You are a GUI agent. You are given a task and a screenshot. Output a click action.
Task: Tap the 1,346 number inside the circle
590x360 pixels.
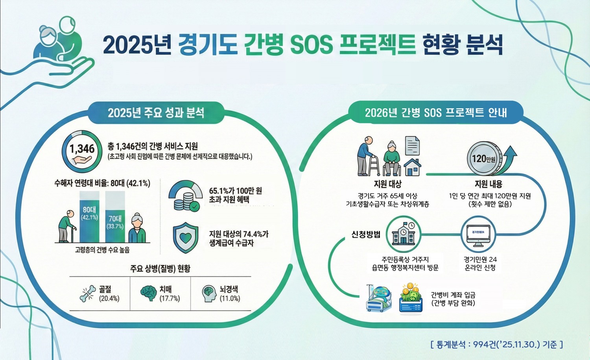tap(82, 149)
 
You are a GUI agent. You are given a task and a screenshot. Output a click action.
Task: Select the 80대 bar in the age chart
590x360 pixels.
tap(90, 216)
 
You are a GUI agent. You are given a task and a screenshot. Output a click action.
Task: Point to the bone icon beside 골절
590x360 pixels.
tap(88, 294)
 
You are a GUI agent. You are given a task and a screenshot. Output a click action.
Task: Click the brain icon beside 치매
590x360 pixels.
tap(148, 293)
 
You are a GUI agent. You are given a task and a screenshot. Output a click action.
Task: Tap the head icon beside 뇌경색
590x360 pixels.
tap(209, 294)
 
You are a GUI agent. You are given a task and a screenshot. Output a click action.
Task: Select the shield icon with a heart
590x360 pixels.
tap(186, 238)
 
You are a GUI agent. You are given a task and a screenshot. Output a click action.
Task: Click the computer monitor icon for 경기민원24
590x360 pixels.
tap(478, 235)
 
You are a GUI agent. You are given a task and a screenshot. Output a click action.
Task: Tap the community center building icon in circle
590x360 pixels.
tap(404, 235)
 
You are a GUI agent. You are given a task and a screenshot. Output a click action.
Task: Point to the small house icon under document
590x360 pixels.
tap(412, 167)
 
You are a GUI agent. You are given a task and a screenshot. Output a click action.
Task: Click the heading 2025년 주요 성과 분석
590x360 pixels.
tap(156, 113)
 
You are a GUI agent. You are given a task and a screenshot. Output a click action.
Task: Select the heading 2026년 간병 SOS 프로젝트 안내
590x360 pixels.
tap(436, 113)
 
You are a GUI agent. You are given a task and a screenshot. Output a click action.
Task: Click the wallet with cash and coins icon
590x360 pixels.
tap(411, 299)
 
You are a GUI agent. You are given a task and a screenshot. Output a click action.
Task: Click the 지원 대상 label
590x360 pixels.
tap(387, 184)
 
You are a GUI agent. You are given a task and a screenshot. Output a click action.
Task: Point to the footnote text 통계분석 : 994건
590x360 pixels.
tap(497, 345)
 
